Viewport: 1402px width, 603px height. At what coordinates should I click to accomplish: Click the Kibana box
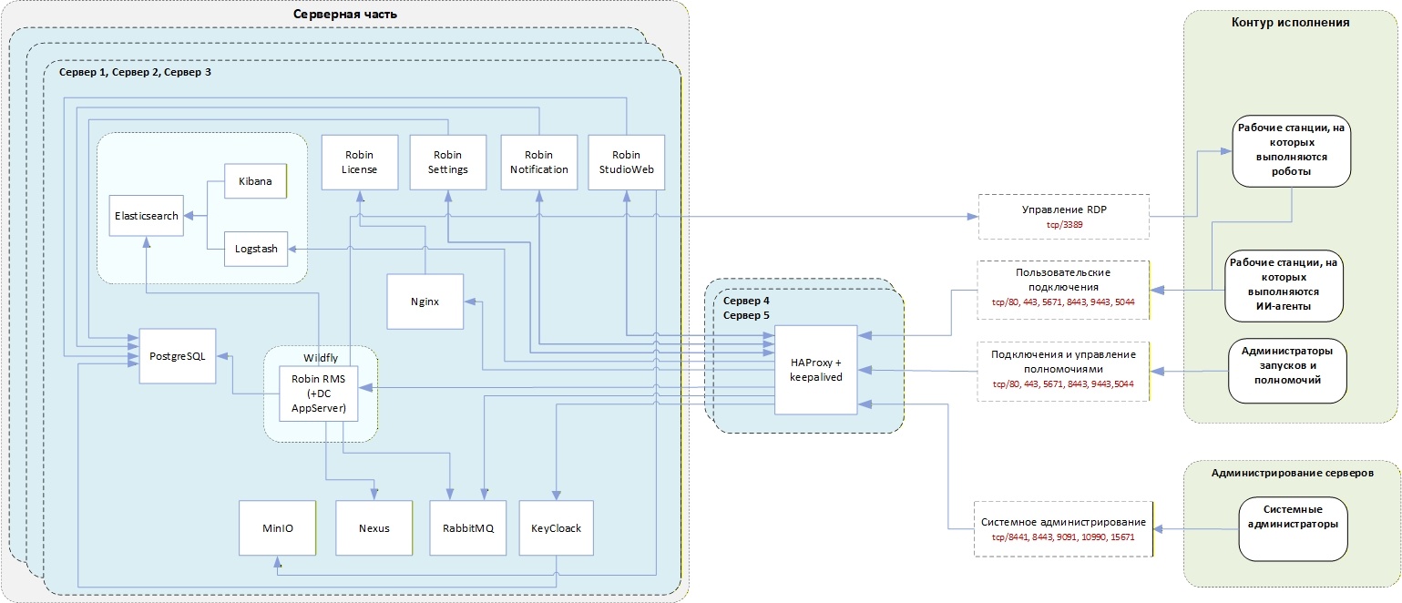255,181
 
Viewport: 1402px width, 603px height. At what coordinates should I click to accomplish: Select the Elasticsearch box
147,216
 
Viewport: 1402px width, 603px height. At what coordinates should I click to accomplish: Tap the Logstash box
256,249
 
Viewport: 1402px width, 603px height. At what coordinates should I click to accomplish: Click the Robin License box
360,162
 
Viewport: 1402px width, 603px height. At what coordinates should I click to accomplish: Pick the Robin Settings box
448,162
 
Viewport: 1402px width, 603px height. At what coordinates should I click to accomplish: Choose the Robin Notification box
539,162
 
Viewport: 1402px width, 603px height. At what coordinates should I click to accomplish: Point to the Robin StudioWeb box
627,162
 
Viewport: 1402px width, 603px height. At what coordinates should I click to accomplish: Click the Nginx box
425,301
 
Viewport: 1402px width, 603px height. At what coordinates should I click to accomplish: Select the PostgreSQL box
178,356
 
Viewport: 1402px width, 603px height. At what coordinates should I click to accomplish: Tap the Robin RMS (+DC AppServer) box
319,393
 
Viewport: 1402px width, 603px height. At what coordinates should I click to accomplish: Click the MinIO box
277,528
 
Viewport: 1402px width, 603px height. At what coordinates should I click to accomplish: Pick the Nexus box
374,528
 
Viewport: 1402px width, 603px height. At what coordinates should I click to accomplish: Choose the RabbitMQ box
468,528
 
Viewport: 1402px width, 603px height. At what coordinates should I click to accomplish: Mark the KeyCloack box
557,528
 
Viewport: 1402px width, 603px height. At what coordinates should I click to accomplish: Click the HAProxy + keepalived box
816,370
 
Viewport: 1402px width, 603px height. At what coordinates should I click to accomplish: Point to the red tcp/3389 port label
1065,225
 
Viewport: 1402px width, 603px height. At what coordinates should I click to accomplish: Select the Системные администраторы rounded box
1293,529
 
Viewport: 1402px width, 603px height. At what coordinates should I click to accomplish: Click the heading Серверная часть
345,14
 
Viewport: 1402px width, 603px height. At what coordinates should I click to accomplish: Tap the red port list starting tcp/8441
1063,537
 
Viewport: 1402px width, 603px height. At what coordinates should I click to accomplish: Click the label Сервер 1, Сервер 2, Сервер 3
135,73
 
